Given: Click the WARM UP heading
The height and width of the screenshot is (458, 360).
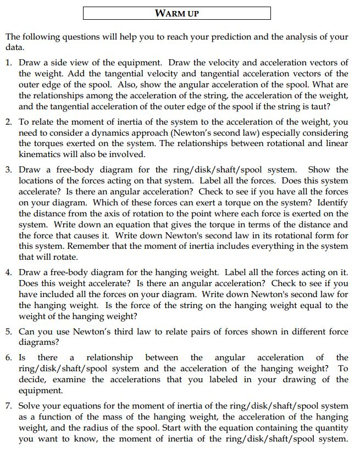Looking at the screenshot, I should tap(176, 13).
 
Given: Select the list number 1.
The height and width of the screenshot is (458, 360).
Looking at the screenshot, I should tap(9, 63).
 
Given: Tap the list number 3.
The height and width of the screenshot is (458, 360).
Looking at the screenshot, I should tap(9, 170).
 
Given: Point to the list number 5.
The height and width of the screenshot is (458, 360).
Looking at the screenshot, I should tap(9, 332).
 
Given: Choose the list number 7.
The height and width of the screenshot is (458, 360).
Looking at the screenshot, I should tap(9, 406).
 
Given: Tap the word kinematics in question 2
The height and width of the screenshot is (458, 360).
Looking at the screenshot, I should tap(40, 154).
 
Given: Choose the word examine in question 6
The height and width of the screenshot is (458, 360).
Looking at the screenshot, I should tap(68, 379).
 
